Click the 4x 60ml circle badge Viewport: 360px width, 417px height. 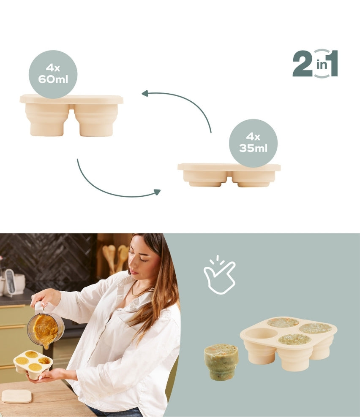[x=53, y=74]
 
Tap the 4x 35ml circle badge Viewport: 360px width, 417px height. [x=253, y=143]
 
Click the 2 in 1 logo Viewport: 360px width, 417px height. [x=315, y=64]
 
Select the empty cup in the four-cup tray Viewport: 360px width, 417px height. [x=261, y=334]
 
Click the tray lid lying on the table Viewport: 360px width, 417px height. [x=16, y=396]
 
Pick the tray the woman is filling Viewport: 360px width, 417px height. [x=33, y=363]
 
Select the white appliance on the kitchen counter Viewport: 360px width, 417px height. [x=9, y=282]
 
